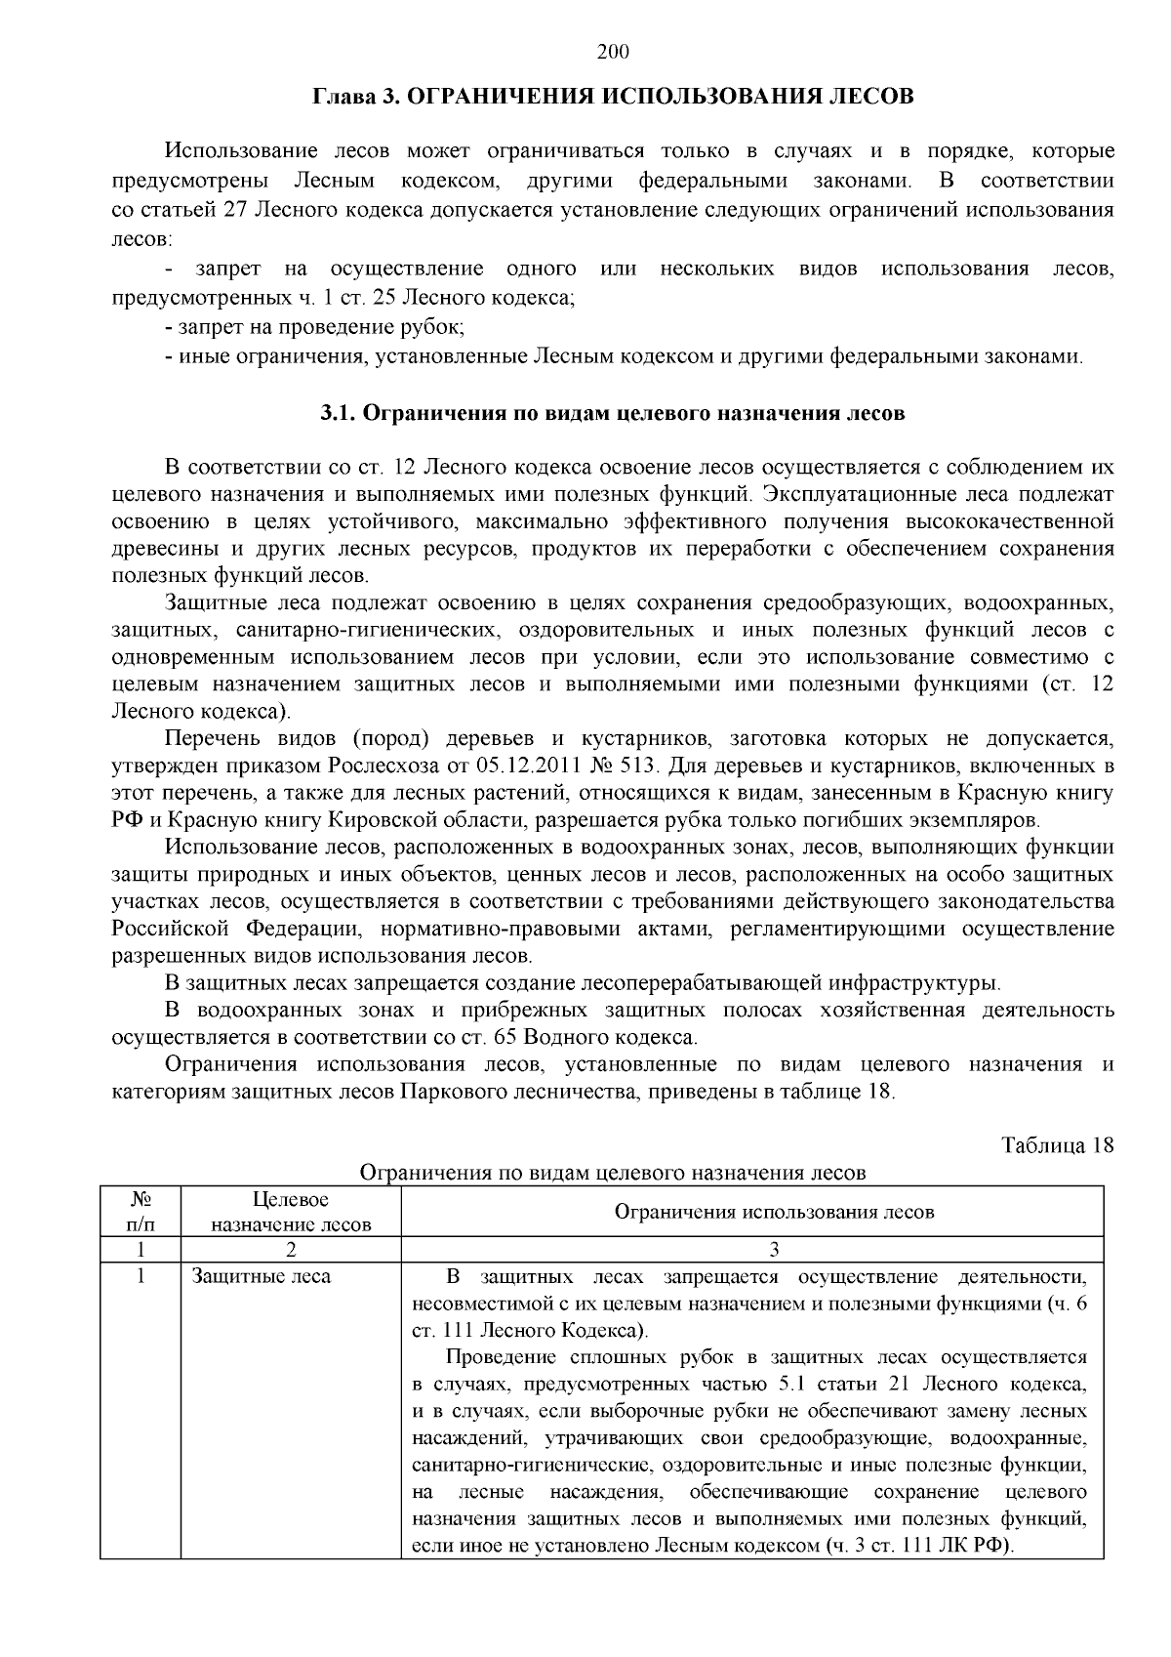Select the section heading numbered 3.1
click(613, 413)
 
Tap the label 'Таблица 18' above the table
click(1058, 1145)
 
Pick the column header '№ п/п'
click(140, 1211)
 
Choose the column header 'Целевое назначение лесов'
click(291, 1211)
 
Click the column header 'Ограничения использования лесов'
click(774, 1212)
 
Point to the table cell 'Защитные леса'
click(261, 1276)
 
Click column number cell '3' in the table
click(774, 1249)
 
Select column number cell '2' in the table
click(291, 1249)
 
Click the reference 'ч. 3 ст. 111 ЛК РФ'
click(918, 1546)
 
